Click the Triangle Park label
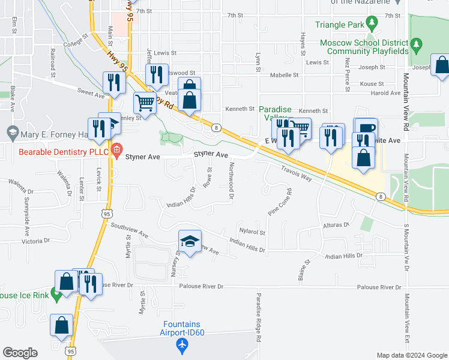(339, 25)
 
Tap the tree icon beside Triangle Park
(372, 24)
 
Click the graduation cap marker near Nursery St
(190, 241)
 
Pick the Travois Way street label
(296, 175)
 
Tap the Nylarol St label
(252, 232)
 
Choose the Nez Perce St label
(348, 79)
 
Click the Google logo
(20, 352)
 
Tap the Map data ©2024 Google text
(411, 355)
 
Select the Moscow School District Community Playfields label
(364, 47)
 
